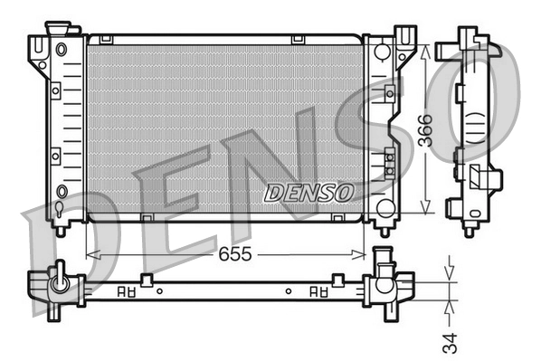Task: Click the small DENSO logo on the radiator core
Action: [x=308, y=193]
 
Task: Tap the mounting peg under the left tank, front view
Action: [x=60, y=229]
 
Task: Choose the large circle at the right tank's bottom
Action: [x=384, y=207]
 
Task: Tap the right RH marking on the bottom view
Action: [x=318, y=292]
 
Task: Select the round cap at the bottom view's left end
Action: [x=61, y=283]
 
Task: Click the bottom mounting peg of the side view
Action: [x=469, y=230]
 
